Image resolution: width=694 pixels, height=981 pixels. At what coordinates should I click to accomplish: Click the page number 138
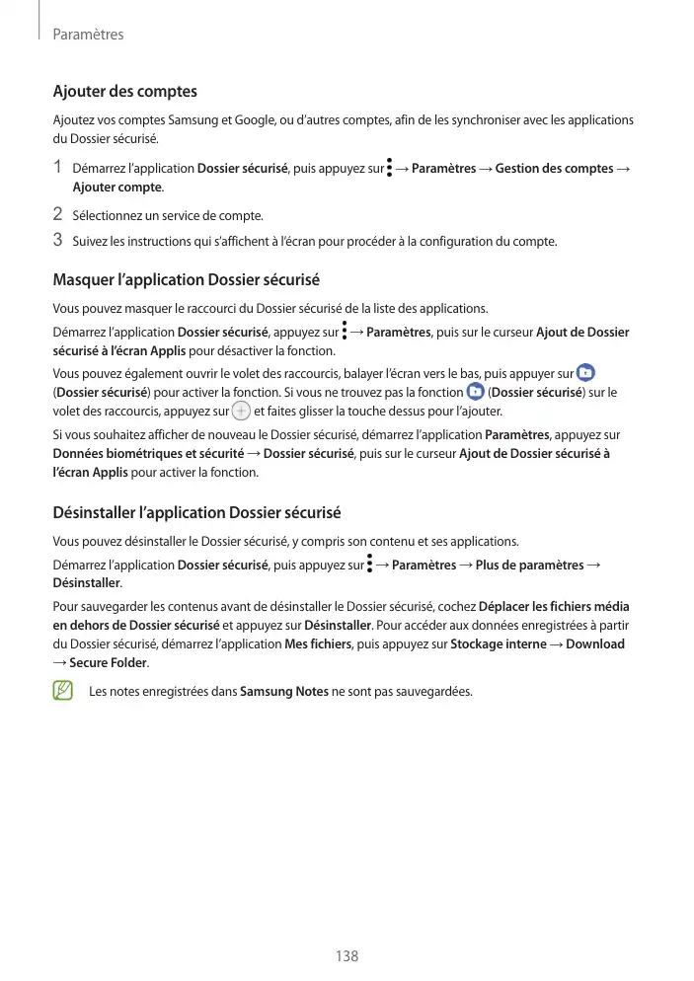point(347,956)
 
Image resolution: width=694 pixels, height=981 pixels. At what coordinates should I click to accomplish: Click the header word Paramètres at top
point(87,35)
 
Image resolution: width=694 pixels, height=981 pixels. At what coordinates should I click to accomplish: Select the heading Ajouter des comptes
point(124,92)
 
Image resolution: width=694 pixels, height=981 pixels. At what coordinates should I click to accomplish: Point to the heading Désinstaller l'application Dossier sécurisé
point(196,513)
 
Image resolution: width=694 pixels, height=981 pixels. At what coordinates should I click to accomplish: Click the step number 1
point(58,168)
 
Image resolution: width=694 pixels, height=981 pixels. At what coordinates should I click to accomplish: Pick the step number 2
point(58,214)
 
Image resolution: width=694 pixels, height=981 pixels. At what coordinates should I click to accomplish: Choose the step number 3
point(58,240)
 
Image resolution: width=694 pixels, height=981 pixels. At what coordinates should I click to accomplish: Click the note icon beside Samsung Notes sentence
point(63,690)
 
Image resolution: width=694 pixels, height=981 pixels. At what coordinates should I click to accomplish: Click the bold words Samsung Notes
point(284,691)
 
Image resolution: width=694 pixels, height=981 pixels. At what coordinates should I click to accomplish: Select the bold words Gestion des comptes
point(554,169)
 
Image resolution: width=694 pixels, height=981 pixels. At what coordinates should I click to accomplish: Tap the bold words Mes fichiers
point(320,643)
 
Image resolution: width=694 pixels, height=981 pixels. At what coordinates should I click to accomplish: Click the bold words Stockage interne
point(497,643)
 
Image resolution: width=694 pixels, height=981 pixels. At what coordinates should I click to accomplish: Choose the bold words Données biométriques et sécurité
point(148,453)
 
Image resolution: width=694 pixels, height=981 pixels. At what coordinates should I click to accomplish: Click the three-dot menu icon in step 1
point(390,168)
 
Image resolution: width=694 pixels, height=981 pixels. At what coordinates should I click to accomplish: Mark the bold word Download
point(595,643)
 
